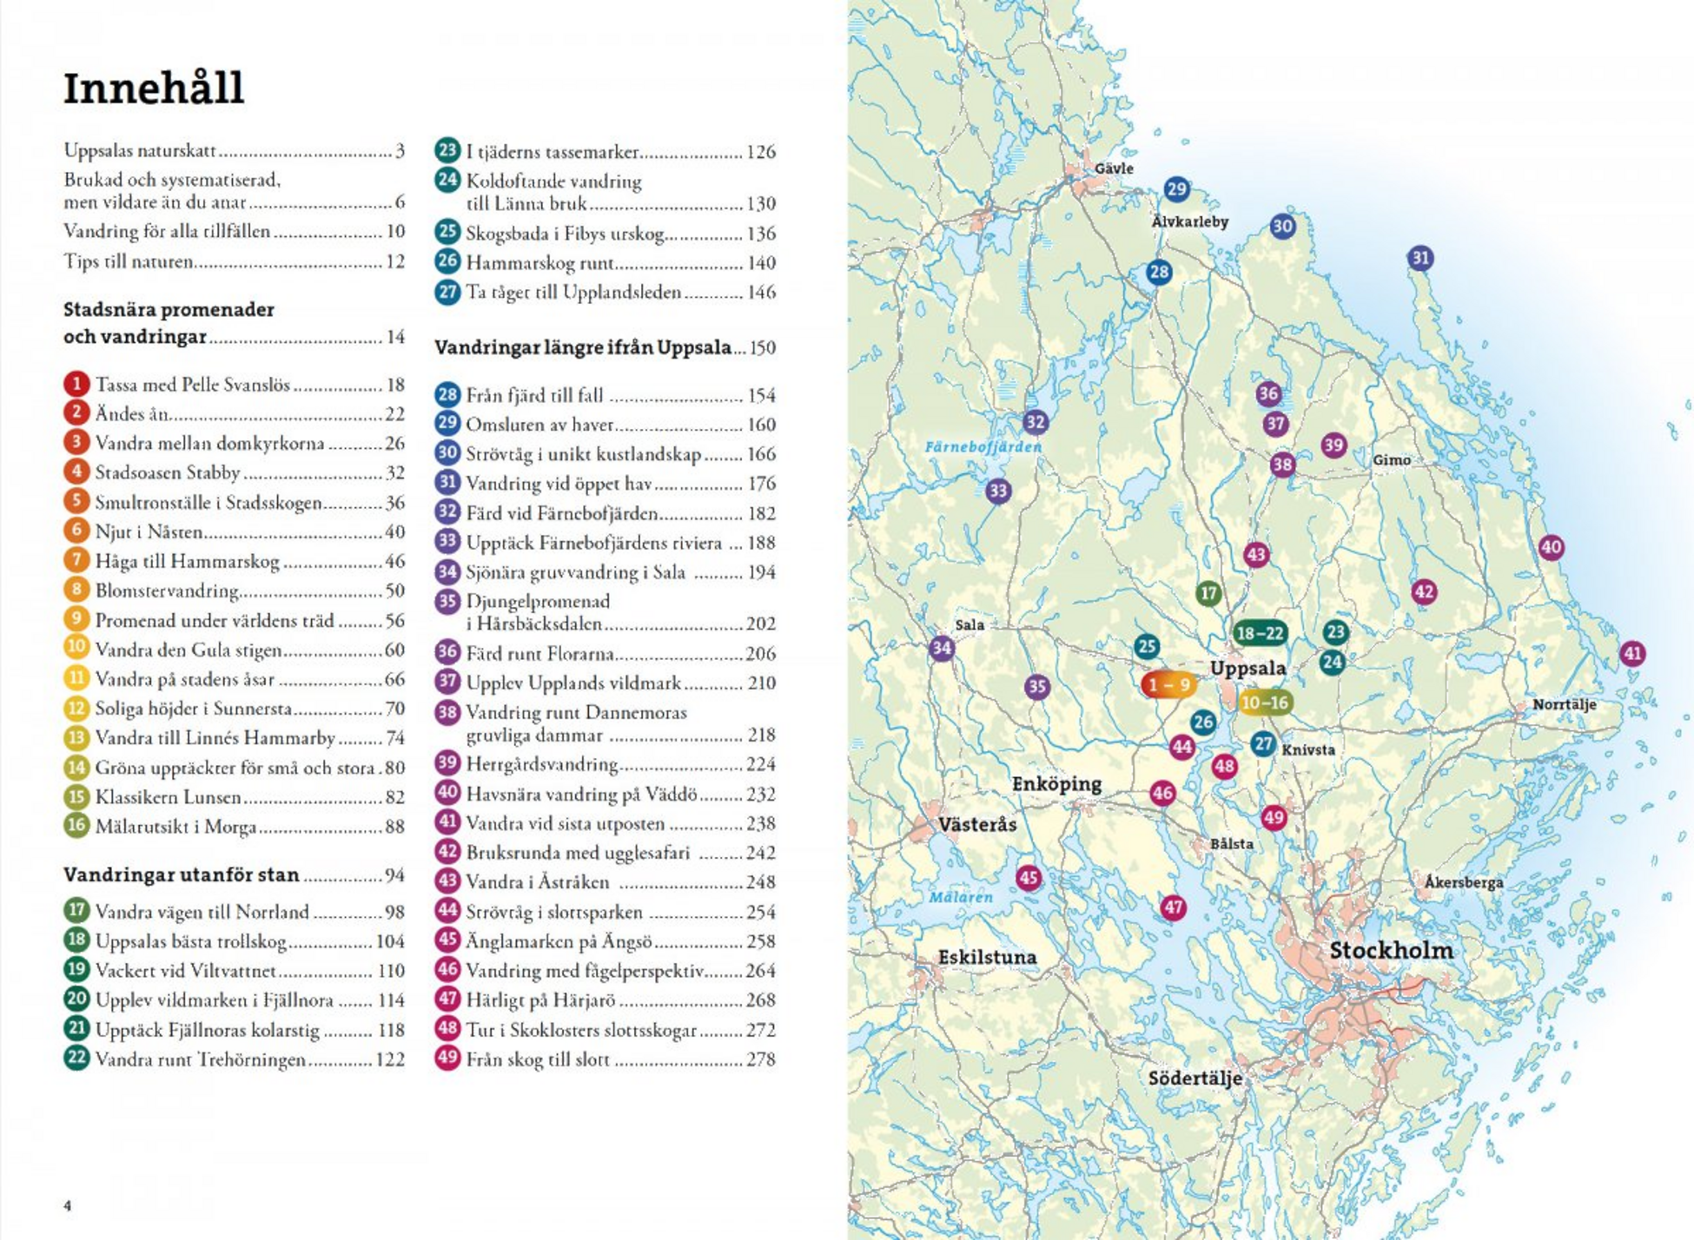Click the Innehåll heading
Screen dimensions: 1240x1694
[x=154, y=89]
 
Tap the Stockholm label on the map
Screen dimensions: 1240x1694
[x=1391, y=950]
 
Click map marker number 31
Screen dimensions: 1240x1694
[x=1420, y=258]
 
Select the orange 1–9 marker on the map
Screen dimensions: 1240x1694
[x=1168, y=685]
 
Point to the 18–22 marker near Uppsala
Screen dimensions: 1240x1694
[x=1259, y=633]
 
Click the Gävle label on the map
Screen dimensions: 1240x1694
[x=1114, y=168]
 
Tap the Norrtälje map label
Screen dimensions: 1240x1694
[x=1564, y=704]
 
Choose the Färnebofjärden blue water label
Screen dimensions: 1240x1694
[x=983, y=446]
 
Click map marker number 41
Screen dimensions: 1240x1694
[x=1632, y=654]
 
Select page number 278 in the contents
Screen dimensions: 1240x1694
[x=760, y=1059]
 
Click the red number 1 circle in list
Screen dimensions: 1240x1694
[x=76, y=384]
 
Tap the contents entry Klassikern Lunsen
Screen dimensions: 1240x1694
[x=168, y=797]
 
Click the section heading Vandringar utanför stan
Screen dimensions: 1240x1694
[x=181, y=874]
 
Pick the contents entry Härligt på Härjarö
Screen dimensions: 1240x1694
[x=540, y=1000]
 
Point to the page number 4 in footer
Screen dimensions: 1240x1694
[x=68, y=1205]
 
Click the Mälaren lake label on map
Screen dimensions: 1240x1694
[x=961, y=897]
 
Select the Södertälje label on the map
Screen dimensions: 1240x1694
[x=1194, y=1078]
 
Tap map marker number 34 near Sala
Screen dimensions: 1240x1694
[x=942, y=648]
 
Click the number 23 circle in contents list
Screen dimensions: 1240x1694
[x=447, y=150]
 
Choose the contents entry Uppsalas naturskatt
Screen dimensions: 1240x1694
[x=140, y=150]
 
